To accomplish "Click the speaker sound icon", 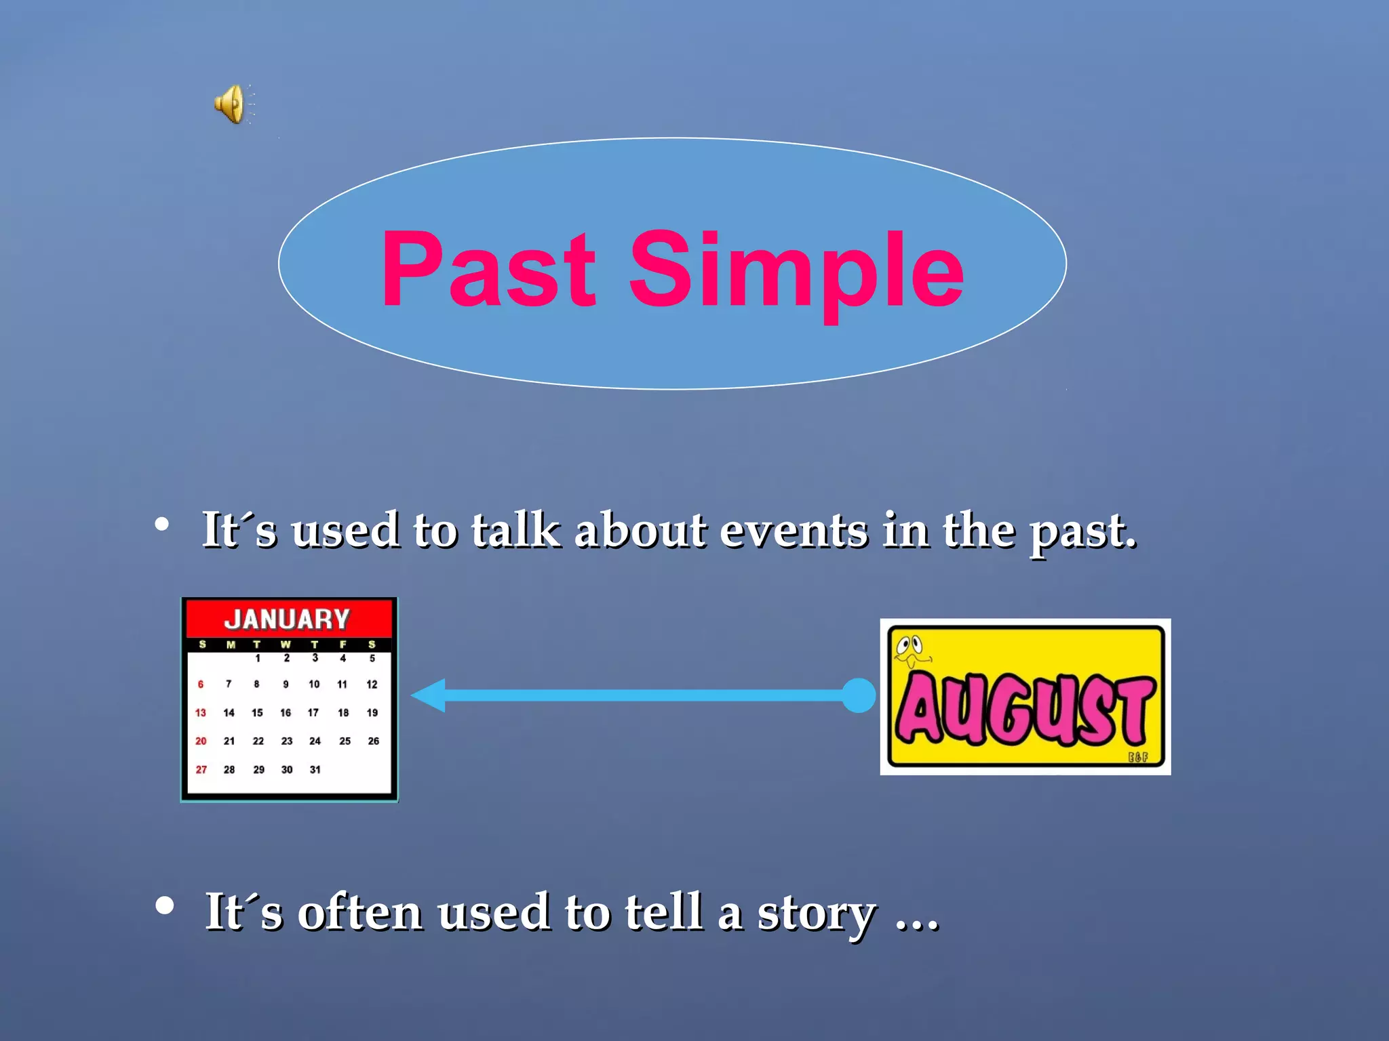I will (231, 104).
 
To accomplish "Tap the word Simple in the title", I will (796, 271).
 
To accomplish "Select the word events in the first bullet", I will (793, 531).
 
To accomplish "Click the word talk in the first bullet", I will (515, 529).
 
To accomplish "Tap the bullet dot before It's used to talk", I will (161, 524).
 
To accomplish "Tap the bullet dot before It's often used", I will (164, 905).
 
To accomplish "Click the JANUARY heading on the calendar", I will (287, 619).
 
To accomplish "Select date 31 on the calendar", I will (315, 769).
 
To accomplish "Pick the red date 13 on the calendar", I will (201, 713).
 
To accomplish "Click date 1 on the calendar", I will (258, 658).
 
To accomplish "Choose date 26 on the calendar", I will (373, 741).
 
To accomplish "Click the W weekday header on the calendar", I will (286, 645).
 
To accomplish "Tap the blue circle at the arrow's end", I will (859, 695).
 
